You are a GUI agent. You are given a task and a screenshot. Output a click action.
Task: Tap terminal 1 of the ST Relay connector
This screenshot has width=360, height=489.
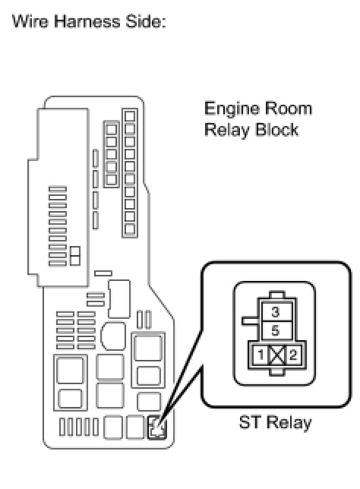[x=261, y=355]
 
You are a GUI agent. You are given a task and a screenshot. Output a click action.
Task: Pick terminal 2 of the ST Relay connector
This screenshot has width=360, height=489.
[x=293, y=355]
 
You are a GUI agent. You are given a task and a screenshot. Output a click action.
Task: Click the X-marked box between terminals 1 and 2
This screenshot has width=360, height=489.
[x=276, y=355]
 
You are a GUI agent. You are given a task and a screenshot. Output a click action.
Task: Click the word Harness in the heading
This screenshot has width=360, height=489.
[x=87, y=22]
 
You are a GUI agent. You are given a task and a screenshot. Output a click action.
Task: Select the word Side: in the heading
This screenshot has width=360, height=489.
[x=145, y=22]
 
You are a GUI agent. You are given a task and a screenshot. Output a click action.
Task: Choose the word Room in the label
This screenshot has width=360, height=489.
[x=289, y=109]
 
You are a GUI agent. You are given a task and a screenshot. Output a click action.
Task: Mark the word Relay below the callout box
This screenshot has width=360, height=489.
[x=289, y=423]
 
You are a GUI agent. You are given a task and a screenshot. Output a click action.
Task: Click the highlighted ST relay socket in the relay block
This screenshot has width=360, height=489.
[x=157, y=427]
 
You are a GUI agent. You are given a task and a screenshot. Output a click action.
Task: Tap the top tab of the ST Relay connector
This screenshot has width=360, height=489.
[x=276, y=295]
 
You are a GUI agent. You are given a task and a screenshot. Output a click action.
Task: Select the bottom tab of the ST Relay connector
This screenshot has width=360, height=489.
[x=276, y=371]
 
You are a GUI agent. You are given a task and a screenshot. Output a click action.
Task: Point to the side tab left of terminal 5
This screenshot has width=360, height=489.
[x=250, y=321]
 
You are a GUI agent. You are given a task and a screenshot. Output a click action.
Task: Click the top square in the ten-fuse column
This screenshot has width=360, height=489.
[x=130, y=116]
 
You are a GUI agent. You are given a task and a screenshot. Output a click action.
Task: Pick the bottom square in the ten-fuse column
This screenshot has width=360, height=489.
[x=130, y=229]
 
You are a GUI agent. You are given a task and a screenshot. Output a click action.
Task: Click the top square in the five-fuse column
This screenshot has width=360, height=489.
[x=112, y=129]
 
